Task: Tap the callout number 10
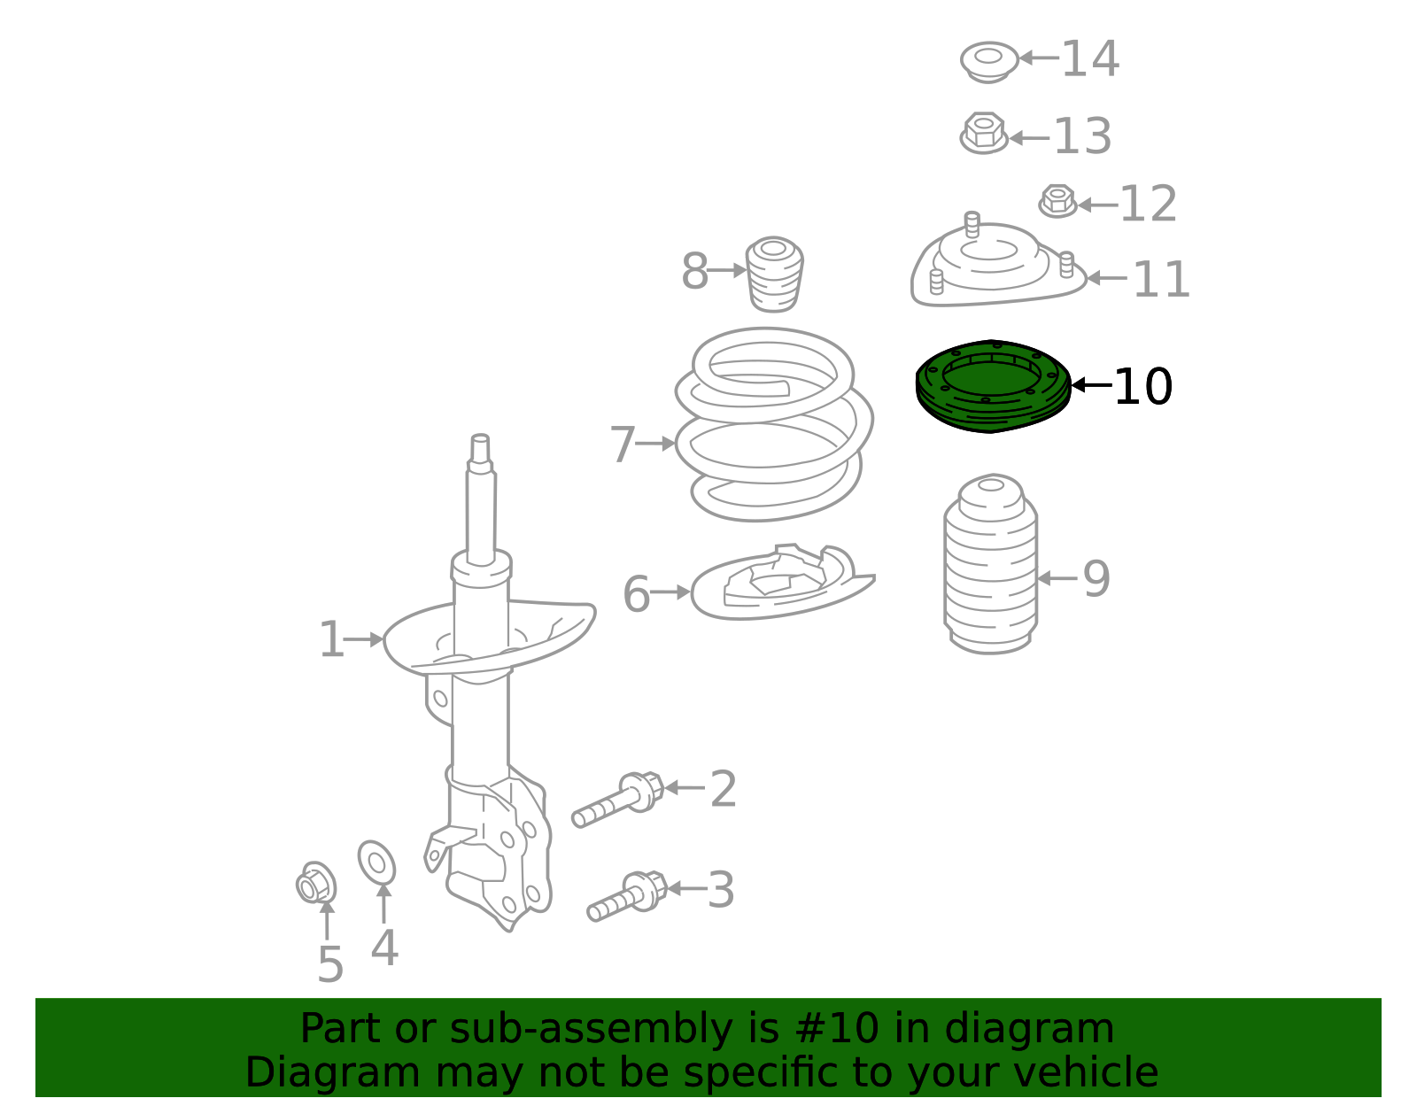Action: click(x=1142, y=387)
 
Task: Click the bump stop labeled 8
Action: click(x=774, y=274)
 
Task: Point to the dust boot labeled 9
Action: click(x=990, y=567)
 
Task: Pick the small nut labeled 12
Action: click(x=1057, y=201)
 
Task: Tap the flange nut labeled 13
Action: click(x=984, y=134)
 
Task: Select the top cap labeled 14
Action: click(x=989, y=61)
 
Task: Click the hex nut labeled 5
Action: click(x=316, y=883)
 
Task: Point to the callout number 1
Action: click(x=330, y=639)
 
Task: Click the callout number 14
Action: click(x=1089, y=59)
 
